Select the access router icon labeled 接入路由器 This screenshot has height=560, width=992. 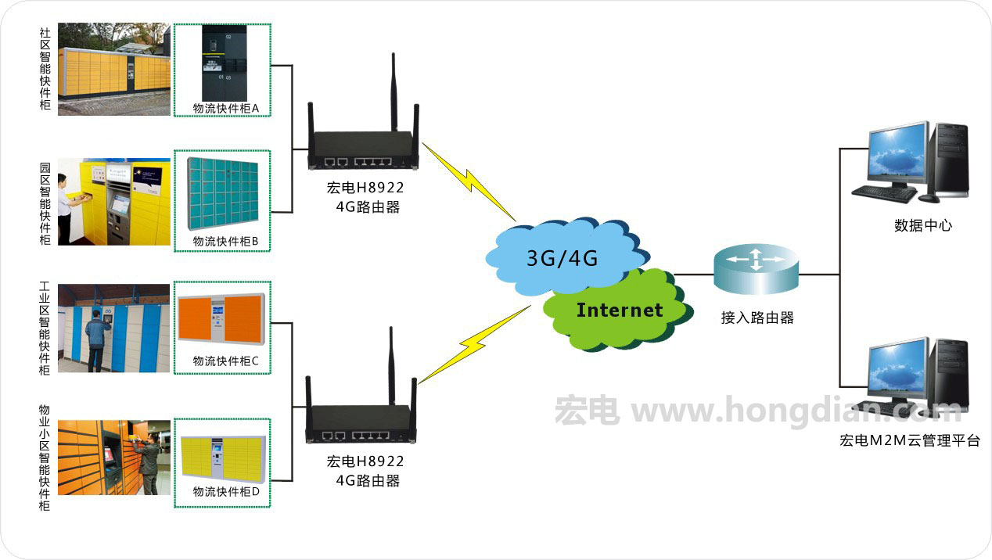click(757, 269)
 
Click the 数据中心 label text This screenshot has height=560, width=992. click(923, 225)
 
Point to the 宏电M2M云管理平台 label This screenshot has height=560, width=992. click(910, 440)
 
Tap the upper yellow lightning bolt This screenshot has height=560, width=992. click(469, 181)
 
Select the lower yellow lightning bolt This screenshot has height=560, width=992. click(475, 344)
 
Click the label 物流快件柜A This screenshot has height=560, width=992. click(226, 109)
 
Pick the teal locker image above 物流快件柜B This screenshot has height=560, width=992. click(222, 193)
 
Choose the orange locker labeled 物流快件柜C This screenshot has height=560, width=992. click(221, 319)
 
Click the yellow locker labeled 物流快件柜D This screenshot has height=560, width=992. click(223, 459)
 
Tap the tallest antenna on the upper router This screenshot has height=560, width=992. click(394, 92)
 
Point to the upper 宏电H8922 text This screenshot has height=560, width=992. click(365, 188)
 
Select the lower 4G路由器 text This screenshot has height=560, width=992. click(368, 481)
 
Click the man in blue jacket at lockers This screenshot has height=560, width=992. click(97, 341)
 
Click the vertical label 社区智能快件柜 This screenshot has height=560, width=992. click(45, 69)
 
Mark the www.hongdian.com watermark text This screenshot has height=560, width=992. click(797, 411)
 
